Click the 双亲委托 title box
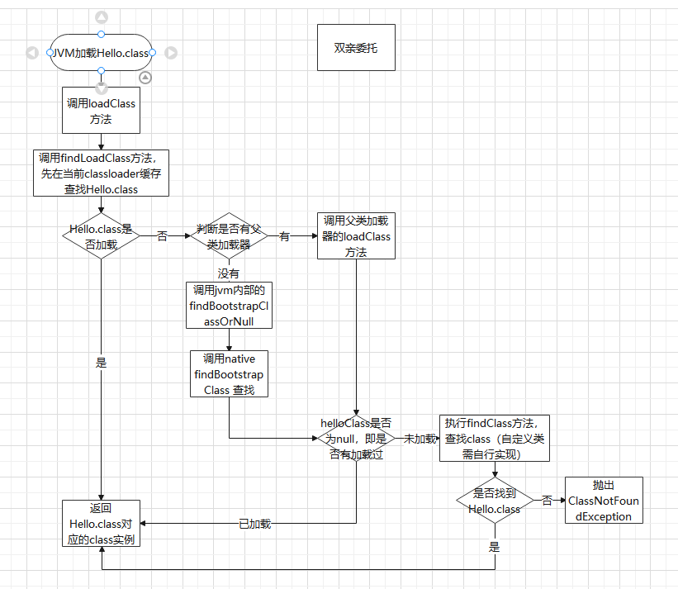tap(356, 47)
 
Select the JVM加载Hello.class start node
tap(101, 53)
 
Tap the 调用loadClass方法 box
tap(101, 111)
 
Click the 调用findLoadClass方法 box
tap(101, 173)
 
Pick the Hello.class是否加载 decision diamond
tap(101, 236)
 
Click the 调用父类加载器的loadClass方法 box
tap(356, 236)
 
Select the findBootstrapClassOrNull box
tap(229, 305)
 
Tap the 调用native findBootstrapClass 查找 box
tap(229, 373)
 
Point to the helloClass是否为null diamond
tap(356, 438)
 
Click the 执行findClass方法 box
tap(495, 438)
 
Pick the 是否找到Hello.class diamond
tap(495, 501)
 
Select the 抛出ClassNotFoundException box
tap(604, 501)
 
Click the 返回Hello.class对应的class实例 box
tap(101, 524)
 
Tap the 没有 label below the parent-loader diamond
tap(229, 273)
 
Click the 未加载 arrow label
tap(419, 439)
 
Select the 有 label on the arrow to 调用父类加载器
tap(284, 236)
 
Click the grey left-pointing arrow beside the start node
tap(31, 53)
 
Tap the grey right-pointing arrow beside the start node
tap(171, 53)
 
